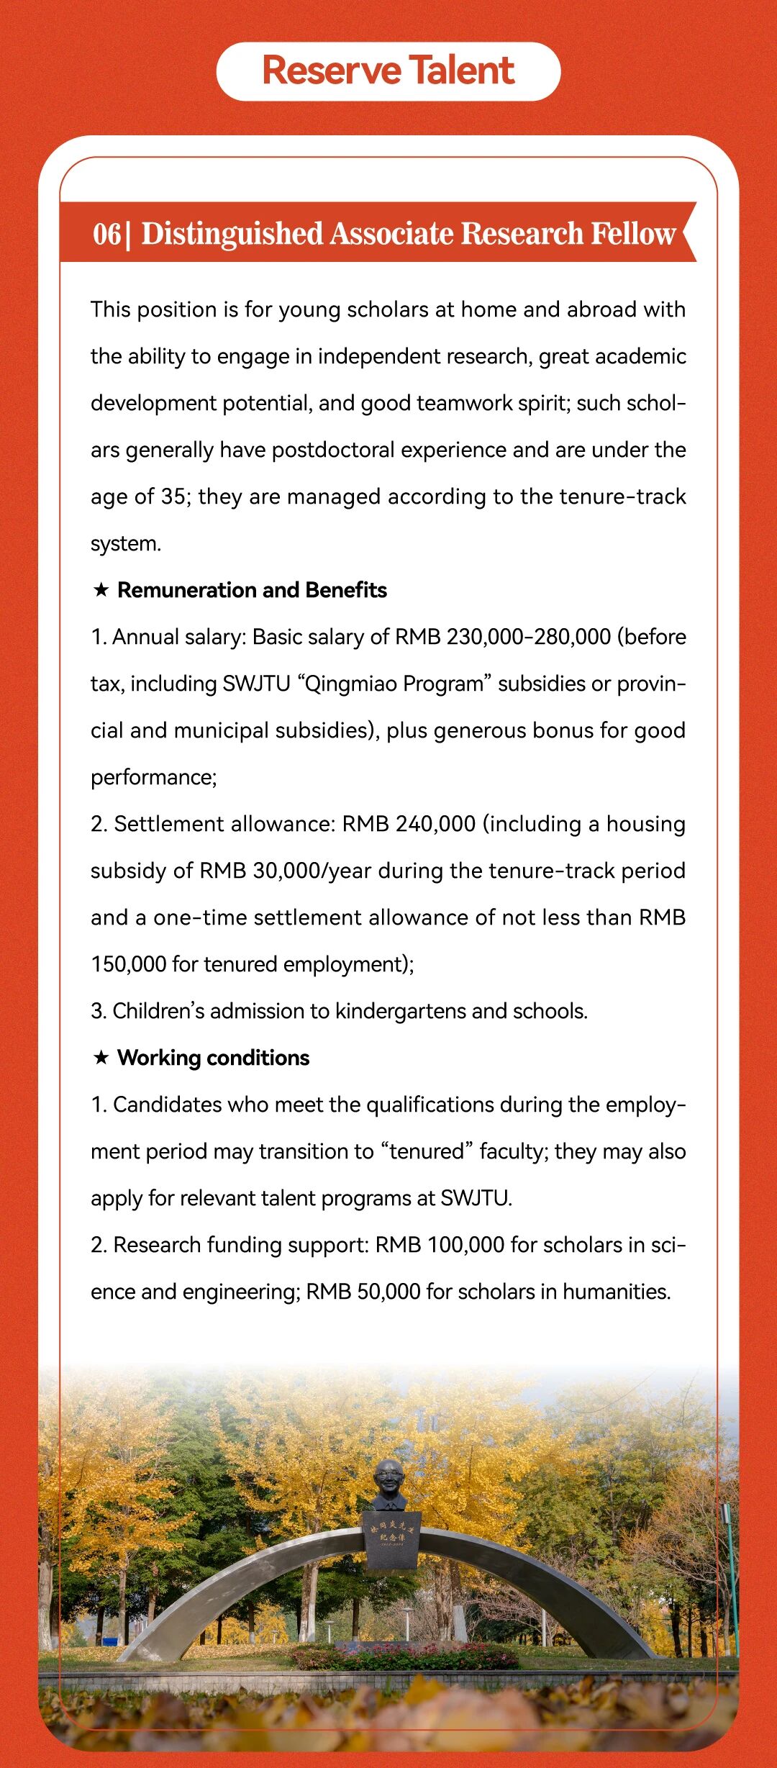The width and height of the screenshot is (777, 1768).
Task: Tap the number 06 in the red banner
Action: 106,234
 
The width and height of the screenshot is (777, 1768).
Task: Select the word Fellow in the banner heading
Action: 633,234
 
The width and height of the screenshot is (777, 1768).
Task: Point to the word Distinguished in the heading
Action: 232,234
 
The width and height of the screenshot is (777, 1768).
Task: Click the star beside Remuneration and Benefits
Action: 101,590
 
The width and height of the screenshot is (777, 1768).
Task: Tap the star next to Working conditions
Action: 101,1058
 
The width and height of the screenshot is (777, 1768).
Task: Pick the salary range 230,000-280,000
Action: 528,637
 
